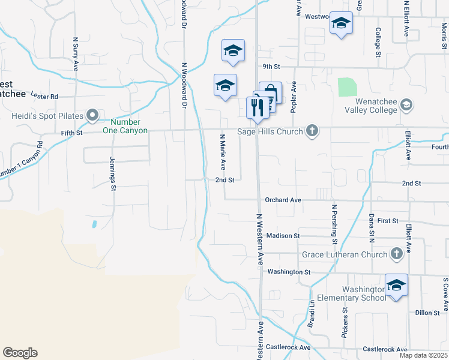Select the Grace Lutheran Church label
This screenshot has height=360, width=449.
tap(345, 254)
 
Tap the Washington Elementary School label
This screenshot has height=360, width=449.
tap(357, 293)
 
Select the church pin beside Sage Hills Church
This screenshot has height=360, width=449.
tap(312, 131)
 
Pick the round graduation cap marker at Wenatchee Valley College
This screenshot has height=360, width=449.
tap(406, 106)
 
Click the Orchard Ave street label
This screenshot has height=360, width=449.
tap(283, 200)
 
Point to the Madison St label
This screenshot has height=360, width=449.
tap(283, 236)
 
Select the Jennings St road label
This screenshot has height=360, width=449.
tap(112, 174)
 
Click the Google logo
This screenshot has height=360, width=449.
tap(20, 353)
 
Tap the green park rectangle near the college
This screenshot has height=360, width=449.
tap(347, 87)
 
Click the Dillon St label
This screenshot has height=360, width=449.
tap(428, 313)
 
